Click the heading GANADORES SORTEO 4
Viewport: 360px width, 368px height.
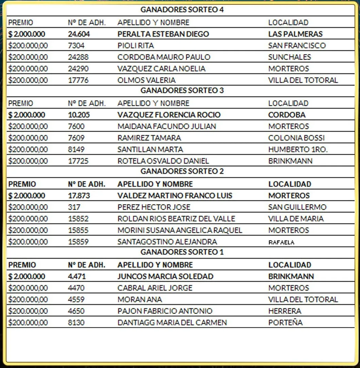click(182, 10)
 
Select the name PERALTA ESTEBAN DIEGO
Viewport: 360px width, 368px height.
click(163, 34)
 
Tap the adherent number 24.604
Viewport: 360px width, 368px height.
click(79, 34)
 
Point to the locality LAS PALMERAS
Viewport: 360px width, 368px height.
click(295, 34)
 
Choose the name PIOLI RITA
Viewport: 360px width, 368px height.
click(136, 45)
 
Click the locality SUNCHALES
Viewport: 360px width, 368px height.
click(289, 57)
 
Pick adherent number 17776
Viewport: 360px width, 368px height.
click(78, 80)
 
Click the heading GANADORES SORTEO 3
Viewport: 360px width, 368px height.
click(182, 90)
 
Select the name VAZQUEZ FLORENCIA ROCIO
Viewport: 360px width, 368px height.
click(169, 115)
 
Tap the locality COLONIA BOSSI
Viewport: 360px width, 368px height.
click(296, 138)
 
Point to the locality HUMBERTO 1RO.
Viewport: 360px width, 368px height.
click(298, 149)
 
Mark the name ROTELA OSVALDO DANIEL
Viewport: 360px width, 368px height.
click(163, 161)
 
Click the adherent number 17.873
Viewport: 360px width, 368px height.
click(79, 196)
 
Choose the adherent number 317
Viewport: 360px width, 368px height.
click(74, 207)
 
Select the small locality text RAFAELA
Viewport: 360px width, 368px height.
click(281, 242)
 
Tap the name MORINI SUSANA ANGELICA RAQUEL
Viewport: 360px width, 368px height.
click(180, 230)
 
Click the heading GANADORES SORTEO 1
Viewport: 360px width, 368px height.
click(182, 252)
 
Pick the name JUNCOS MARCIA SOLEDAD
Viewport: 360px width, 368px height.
click(165, 276)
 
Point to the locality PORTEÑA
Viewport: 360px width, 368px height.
click(285, 323)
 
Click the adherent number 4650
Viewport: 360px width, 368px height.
click(76, 311)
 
